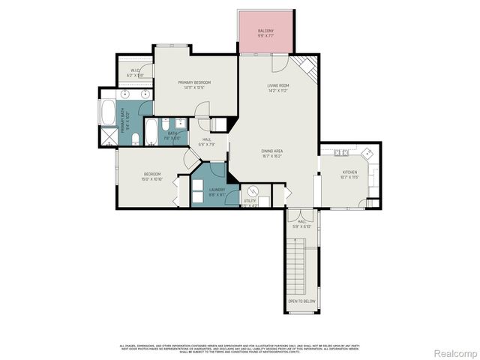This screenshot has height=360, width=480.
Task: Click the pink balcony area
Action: click(266, 34)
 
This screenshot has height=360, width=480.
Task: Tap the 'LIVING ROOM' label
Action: click(278, 85)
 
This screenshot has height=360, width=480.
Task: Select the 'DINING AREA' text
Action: click(271, 151)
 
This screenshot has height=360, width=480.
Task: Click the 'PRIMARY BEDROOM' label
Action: click(194, 82)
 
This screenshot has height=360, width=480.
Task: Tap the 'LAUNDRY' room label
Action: click(217, 190)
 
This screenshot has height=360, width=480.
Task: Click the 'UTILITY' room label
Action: click(250, 201)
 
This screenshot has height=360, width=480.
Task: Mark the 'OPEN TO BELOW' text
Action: click(302, 301)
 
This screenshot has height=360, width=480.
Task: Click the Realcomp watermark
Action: click(456, 352)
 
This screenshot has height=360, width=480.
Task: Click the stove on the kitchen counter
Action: click(342, 152)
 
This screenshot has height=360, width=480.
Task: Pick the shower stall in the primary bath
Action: click(109, 136)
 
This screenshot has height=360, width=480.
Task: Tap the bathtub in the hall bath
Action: click(151, 132)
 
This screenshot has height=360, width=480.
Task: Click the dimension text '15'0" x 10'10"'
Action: click(152, 179)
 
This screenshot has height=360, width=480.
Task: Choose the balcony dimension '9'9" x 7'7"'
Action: click(266, 35)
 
